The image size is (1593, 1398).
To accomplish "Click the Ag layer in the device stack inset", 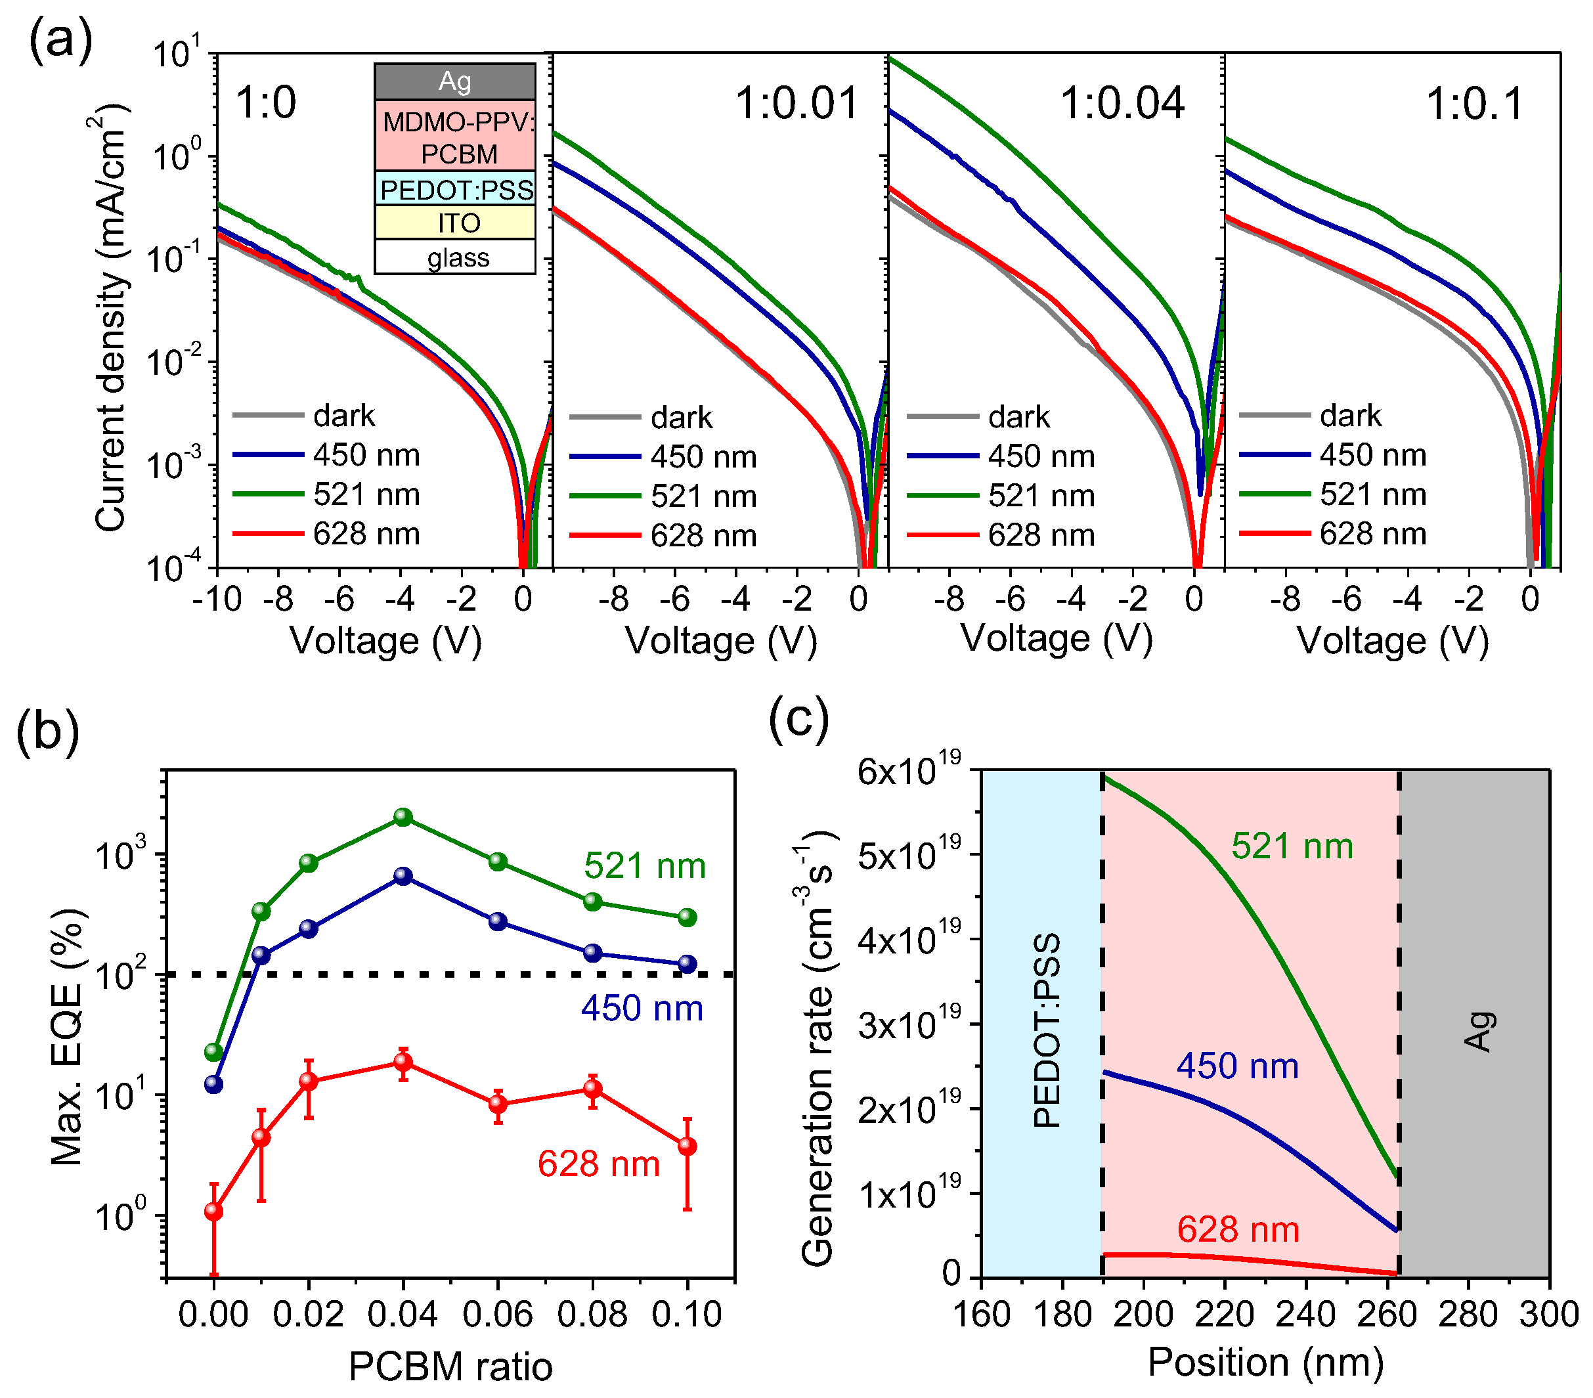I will click(x=455, y=81).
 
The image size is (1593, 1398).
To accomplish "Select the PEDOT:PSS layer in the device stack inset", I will click(x=455, y=189).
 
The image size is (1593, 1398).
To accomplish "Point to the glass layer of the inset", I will click(x=458, y=258).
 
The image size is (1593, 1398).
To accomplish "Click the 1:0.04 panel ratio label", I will click(x=1122, y=104).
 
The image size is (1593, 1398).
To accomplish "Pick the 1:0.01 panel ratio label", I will click(x=796, y=104).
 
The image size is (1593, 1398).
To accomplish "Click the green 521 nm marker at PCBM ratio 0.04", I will click(x=403, y=817).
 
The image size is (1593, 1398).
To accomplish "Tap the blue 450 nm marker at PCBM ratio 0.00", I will click(x=213, y=1084).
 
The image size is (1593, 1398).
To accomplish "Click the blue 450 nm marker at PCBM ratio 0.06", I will click(x=498, y=922).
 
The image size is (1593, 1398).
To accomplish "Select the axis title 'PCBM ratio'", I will click(x=450, y=1367).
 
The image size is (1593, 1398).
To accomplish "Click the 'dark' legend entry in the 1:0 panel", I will click(x=343, y=416).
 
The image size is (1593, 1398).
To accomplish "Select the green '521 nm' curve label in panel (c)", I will click(x=1292, y=846).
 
